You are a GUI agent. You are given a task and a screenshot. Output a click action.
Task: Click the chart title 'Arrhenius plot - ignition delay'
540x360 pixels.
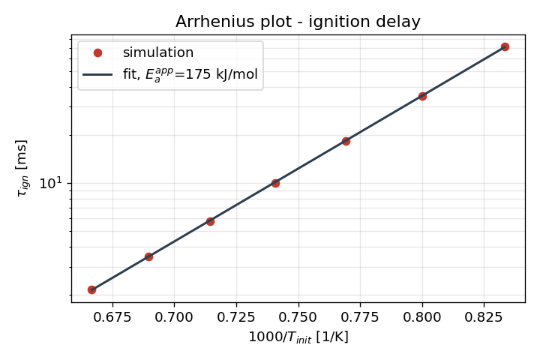[298, 22]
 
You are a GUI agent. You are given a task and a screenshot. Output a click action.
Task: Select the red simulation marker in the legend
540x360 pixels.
[97, 52]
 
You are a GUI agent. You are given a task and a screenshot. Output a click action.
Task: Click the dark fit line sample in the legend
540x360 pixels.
[97, 74]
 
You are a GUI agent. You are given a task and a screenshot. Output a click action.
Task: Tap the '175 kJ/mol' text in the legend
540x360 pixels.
[221, 74]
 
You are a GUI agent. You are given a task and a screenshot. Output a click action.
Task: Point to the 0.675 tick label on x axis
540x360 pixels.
[112, 317]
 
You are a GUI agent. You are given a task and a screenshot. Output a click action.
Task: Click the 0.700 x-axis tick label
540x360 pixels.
[174, 317]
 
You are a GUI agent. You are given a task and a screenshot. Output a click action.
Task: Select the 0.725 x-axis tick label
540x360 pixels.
[236, 317]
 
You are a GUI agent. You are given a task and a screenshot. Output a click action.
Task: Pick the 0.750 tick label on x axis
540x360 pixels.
[298, 317]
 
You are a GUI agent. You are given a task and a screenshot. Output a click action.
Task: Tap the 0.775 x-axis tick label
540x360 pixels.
[360, 317]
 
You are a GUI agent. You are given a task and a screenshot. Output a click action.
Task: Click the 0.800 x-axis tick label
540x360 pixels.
[422, 317]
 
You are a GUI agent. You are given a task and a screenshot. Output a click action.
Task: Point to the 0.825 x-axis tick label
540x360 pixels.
[484, 317]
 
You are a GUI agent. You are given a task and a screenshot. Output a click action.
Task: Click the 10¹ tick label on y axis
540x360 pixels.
[51, 183]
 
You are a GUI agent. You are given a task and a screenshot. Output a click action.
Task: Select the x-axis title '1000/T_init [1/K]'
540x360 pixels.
[298, 337]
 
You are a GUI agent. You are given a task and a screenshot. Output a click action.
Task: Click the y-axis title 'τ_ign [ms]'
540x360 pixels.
[22, 168]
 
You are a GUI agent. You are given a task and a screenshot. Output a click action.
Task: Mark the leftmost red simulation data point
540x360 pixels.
[91, 289]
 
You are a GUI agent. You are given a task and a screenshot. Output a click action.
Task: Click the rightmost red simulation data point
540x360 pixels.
[505, 46]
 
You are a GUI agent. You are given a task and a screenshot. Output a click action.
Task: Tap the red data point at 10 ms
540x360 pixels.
[275, 183]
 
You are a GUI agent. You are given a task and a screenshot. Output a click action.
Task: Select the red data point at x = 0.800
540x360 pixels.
[422, 97]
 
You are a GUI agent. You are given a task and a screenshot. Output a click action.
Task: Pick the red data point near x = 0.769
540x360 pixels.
[346, 141]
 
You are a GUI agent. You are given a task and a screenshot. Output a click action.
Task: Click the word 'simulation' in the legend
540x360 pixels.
[158, 52]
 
